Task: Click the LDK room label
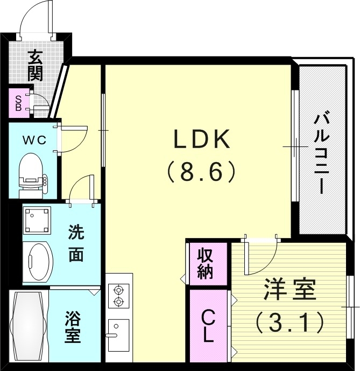click(x=201, y=140)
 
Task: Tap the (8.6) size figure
click(x=201, y=172)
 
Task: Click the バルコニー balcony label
click(x=322, y=152)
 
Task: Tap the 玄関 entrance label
click(x=36, y=65)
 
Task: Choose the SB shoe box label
click(x=18, y=103)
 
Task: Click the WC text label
click(x=33, y=140)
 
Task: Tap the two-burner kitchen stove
click(x=118, y=296)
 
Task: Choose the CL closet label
click(x=207, y=326)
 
